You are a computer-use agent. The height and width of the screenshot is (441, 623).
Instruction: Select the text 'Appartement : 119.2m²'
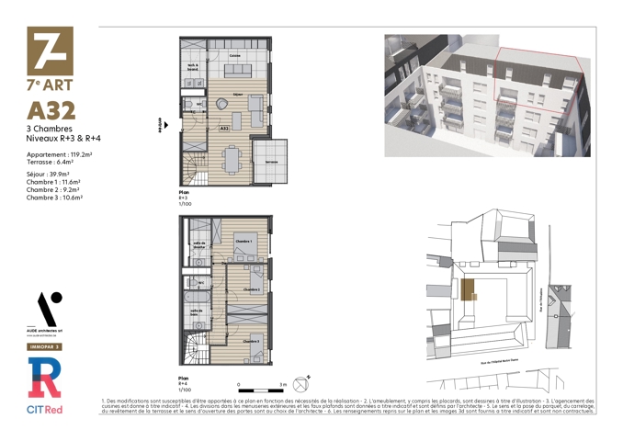pyautogui.click(x=60, y=155)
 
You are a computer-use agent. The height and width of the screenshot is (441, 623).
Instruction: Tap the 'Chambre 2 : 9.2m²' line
pyautogui.click(x=54, y=189)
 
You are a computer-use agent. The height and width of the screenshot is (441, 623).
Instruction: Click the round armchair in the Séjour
pyautogui.click(x=221, y=105)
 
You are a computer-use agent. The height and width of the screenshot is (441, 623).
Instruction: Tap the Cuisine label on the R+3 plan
pyautogui.click(x=236, y=57)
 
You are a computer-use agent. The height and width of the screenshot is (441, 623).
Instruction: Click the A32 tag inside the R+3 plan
pyautogui.click(x=223, y=130)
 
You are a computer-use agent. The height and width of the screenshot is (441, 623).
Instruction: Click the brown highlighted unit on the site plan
pyautogui.click(x=468, y=290)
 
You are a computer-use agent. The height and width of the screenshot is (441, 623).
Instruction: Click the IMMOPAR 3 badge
pyautogui.click(x=44, y=347)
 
